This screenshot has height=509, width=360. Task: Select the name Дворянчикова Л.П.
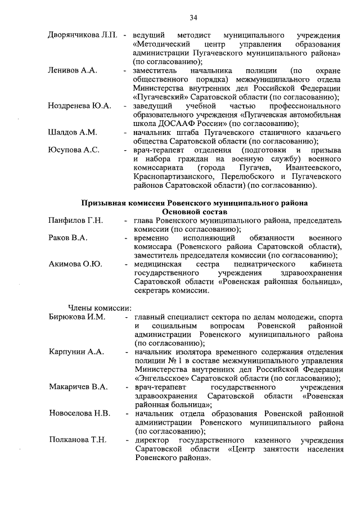pyautogui.click(x=82, y=35)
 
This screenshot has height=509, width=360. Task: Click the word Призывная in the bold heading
pyautogui.click(x=104, y=202)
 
